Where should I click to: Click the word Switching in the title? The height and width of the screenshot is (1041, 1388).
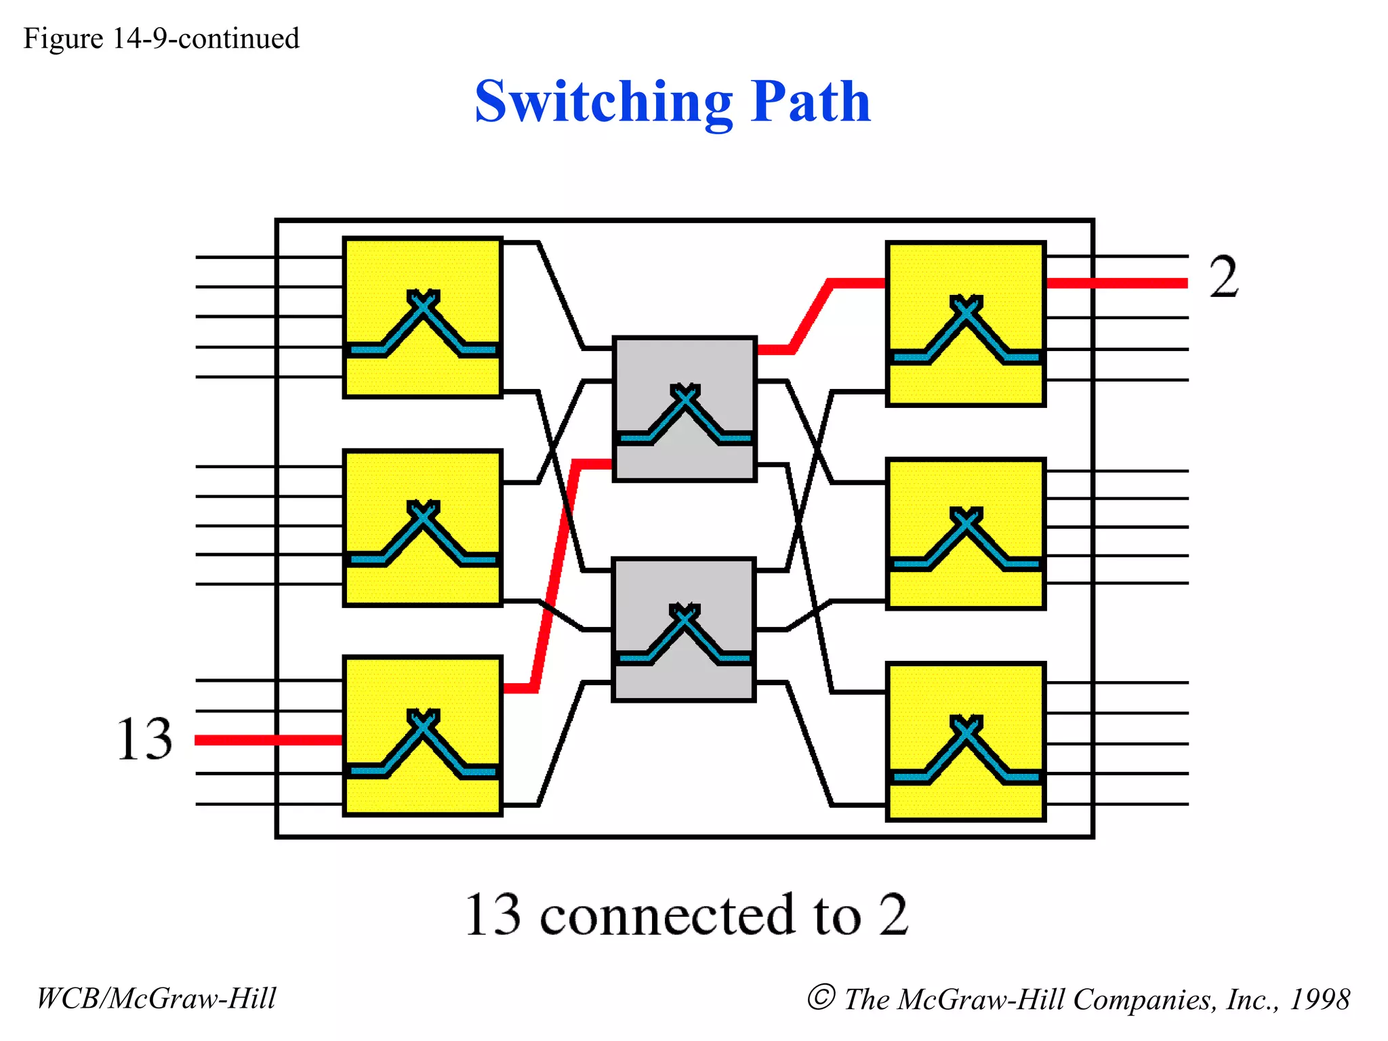pos(603,103)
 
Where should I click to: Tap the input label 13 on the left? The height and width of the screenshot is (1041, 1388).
pos(144,739)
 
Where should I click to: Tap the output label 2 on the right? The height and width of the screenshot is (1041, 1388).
pos(1224,277)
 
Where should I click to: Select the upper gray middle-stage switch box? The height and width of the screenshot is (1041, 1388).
pos(685,409)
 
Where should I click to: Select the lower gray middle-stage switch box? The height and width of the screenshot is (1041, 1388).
pos(683,630)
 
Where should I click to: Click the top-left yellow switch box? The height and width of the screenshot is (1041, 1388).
pos(423,317)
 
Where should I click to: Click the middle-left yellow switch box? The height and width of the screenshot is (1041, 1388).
pos(423,528)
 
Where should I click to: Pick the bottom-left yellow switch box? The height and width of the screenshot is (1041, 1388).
pos(423,736)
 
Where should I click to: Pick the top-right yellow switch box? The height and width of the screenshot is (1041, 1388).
pos(966,324)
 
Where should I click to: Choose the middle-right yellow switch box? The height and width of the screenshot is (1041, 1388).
pos(966,534)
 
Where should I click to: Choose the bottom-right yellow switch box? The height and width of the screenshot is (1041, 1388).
pos(966,742)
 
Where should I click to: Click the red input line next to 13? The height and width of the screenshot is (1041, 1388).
pos(268,740)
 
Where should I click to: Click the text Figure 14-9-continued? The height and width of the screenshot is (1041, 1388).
pos(161,39)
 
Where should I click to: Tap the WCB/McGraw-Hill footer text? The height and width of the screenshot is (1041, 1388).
pos(157,998)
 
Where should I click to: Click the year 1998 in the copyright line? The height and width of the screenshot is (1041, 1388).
pos(1320,999)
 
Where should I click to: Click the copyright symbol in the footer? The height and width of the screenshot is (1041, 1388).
pos(821,997)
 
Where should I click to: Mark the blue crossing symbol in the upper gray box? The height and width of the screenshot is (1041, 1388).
pos(685,413)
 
